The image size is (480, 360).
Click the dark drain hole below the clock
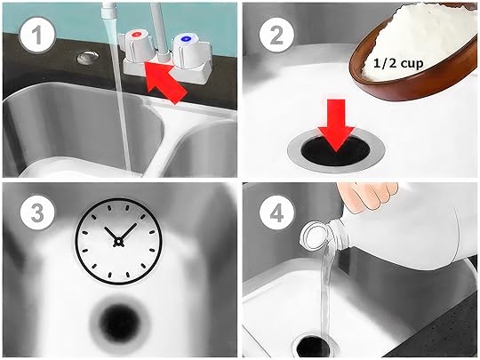117,317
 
